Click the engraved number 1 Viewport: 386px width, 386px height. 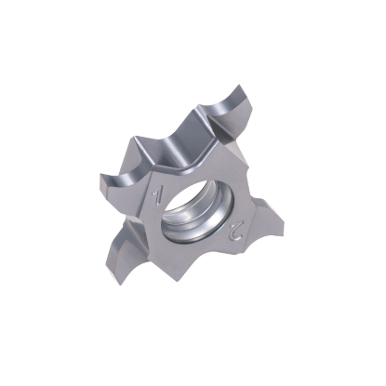[159, 197]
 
